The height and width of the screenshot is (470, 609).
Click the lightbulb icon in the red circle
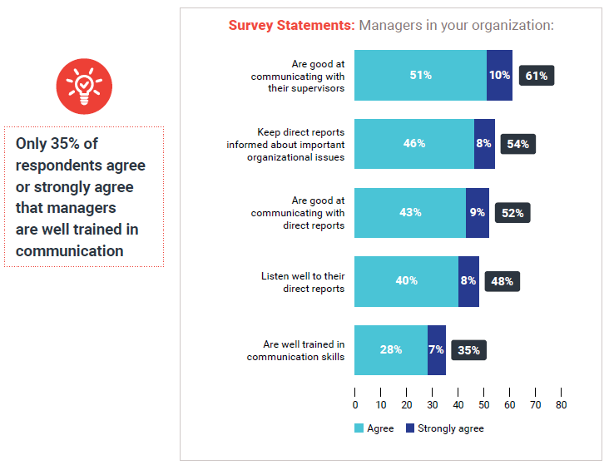tap(83, 86)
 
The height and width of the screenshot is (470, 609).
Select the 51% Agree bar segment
tap(420, 76)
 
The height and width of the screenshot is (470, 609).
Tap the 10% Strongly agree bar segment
tap(499, 76)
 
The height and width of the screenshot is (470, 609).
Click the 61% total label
tap(536, 76)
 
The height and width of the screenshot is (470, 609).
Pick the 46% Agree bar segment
tap(413, 144)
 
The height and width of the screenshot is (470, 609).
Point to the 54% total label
tap(517, 144)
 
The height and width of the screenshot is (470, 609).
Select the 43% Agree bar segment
tap(409, 213)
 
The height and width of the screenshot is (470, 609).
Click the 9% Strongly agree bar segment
tap(477, 213)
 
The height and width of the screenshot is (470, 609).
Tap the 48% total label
tap(502, 281)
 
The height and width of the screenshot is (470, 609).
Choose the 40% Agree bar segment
tap(406, 281)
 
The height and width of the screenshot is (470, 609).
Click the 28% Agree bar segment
tap(390, 350)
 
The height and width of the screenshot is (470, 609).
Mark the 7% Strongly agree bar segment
tap(436, 350)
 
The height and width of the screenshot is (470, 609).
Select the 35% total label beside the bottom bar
tap(468, 350)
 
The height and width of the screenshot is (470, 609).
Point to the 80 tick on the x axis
tap(561, 405)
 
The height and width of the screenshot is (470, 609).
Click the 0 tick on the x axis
tap(355, 405)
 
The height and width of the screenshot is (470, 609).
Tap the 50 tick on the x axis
tap(483, 405)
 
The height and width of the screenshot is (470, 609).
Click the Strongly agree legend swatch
tap(409, 428)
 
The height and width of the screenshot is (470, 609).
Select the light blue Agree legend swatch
tap(359, 428)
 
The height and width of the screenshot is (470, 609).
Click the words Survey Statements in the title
tap(291, 25)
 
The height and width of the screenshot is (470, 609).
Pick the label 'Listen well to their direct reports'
tap(302, 282)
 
